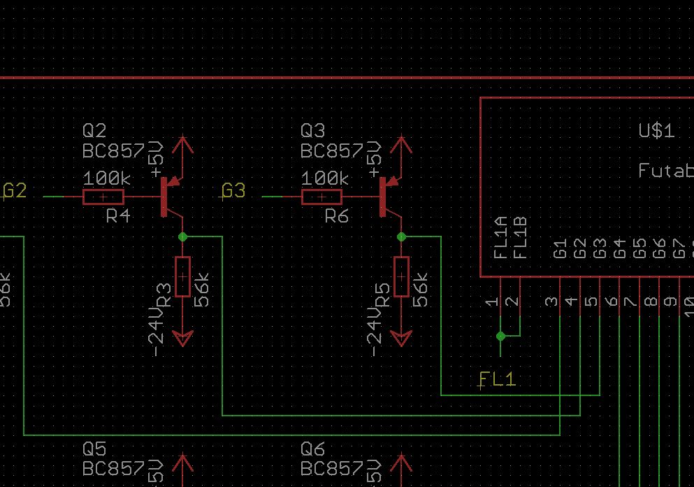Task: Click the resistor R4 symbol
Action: (103, 197)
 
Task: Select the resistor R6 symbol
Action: (321, 197)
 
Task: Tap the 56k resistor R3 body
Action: (182, 277)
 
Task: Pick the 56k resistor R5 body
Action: (401, 277)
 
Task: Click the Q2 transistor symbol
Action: (168, 197)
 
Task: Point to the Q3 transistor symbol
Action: (386, 197)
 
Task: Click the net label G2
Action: (15, 191)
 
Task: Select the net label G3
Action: (233, 191)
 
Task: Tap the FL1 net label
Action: (497, 379)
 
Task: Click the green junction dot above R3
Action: (182, 237)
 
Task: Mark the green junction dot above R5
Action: (401, 237)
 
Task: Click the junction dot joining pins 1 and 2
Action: (500, 337)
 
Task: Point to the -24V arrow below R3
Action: (182, 339)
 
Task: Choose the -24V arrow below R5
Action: (401, 339)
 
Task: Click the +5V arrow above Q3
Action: (401, 146)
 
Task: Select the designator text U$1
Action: (656, 131)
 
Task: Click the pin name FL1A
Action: (500, 238)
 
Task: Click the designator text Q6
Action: (312, 449)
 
